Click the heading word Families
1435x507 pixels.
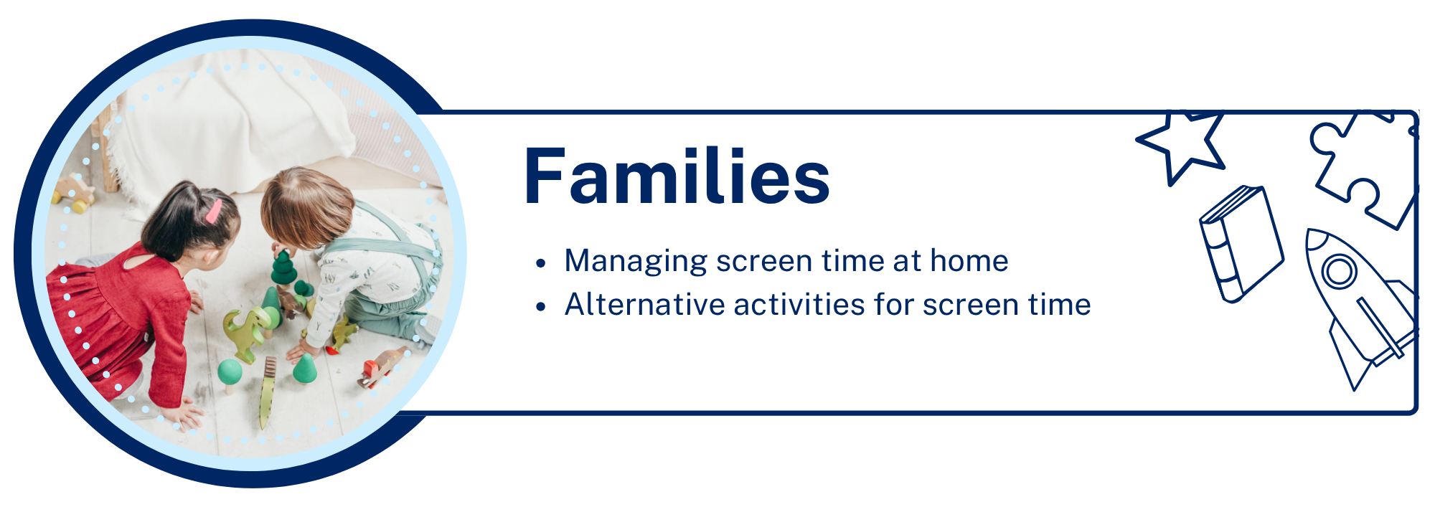677,176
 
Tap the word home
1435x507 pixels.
969,260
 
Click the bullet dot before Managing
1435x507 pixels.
541,263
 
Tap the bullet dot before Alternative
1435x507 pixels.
541,307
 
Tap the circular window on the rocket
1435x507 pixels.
1339,271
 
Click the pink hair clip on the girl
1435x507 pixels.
214,211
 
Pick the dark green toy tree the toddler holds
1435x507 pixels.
283,268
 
